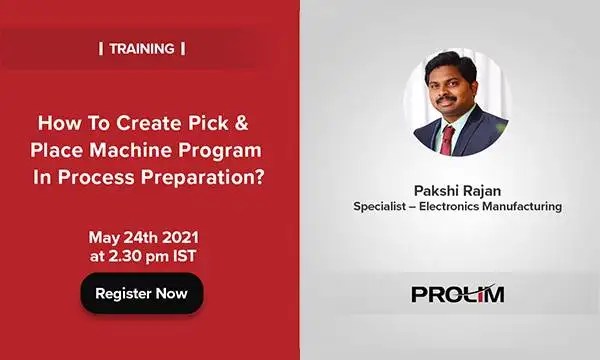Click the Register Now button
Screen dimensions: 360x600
(142, 293)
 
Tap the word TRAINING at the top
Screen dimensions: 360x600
(142, 48)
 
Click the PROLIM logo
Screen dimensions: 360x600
(458, 294)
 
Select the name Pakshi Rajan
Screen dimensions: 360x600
(457, 189)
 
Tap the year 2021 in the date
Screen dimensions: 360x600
(177, 237)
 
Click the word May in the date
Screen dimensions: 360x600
(103, 237)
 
